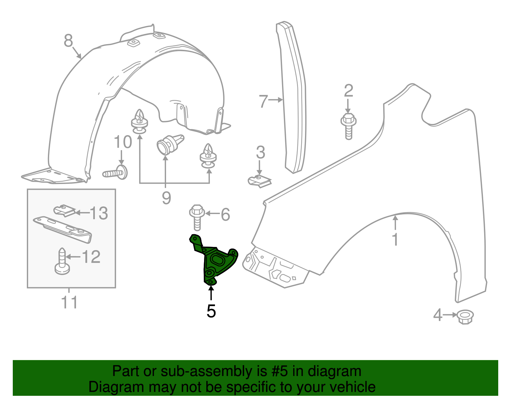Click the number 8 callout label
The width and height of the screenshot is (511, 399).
[68, 41]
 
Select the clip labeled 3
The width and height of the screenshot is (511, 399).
[259, 181]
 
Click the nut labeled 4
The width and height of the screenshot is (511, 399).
[465, 317]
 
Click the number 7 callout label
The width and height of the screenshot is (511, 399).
[263, 101]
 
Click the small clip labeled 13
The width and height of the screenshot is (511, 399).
[65, 211]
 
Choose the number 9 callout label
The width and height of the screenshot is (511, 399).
[166, 198]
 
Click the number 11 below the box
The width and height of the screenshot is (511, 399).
[69, 302]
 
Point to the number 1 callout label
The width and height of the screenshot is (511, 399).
[395, 240]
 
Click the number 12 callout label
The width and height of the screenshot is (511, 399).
[91, 257]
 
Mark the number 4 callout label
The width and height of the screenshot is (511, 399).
[438, 315]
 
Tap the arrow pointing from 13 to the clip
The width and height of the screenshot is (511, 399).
[82, 212]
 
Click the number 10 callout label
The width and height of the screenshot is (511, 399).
[123, 142]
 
